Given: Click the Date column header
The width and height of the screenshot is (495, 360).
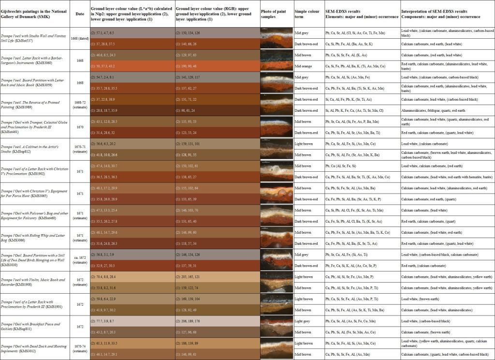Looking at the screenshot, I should click(80, 14).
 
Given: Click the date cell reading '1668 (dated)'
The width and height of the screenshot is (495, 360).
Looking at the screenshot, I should click(80, 38).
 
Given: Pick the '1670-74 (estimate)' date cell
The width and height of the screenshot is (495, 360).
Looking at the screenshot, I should click(80, 348).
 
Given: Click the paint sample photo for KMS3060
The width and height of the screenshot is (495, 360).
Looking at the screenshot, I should click(277, 60).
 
